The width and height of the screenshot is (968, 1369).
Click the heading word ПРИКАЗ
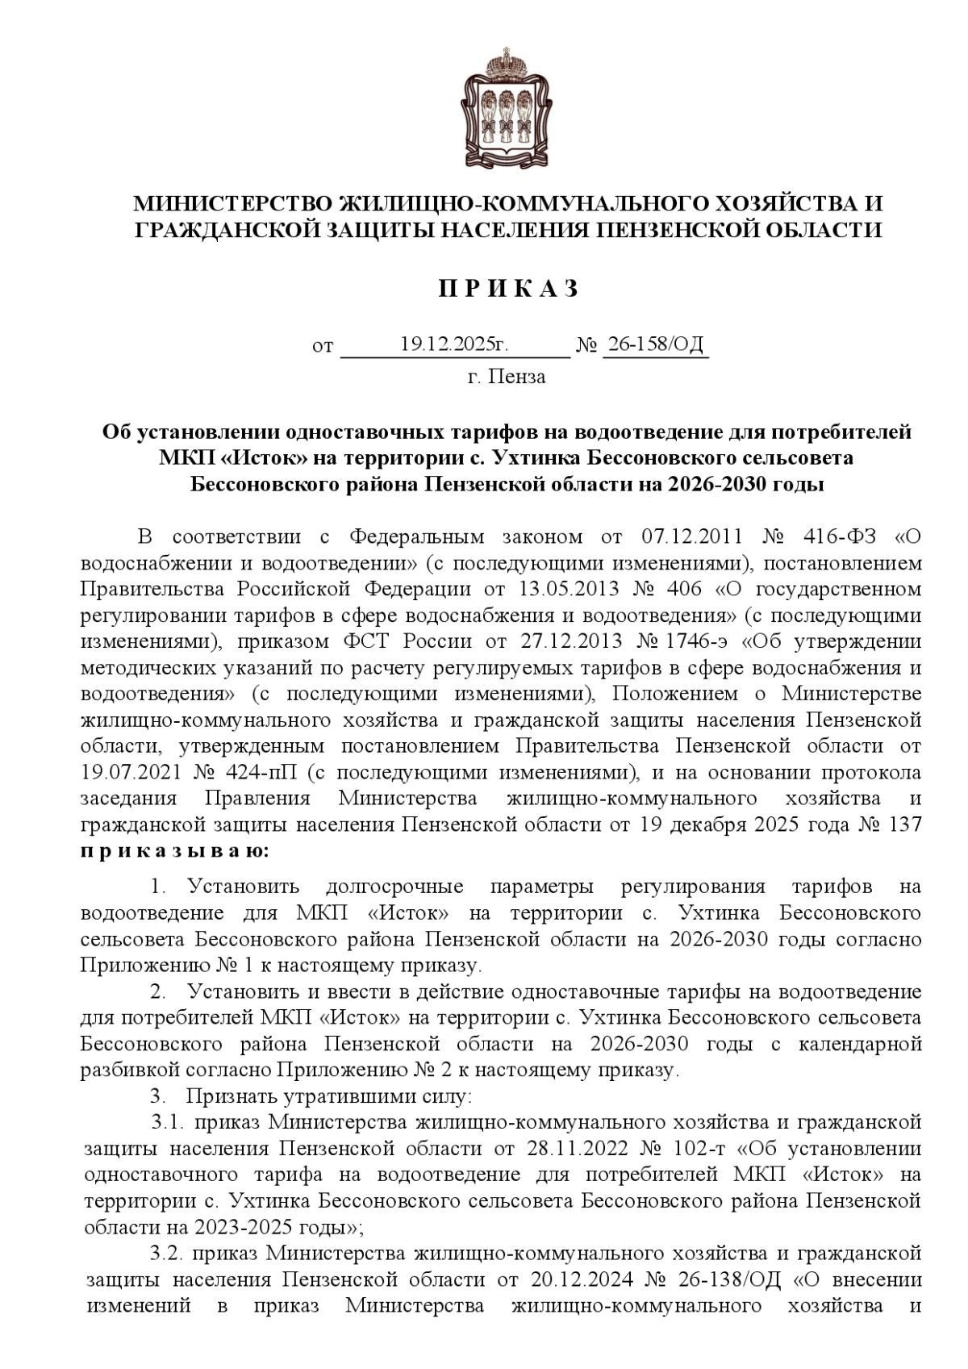point(508,290)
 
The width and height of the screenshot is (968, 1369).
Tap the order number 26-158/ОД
point(655,345)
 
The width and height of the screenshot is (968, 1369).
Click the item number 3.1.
point(170,1122)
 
